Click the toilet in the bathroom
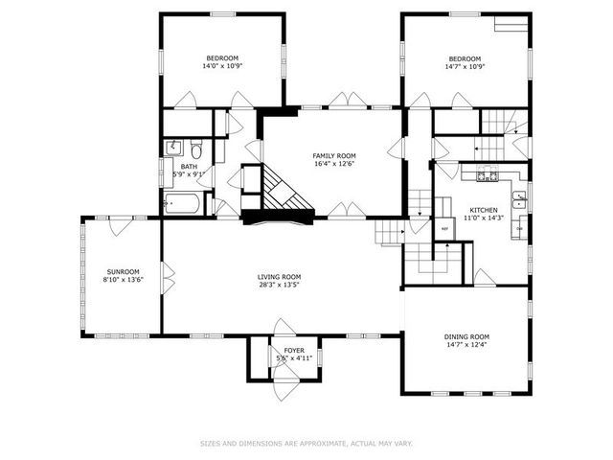[195, 149]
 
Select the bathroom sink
[173, 148]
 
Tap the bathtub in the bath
[182, 203]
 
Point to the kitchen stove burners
[488, 174]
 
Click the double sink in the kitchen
[518, 201]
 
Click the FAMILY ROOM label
[333, 155]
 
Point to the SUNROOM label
[123, 271]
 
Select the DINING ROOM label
[466, 336]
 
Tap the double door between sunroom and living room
[166, 278]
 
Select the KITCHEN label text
[483, 210]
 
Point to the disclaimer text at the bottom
[306, 444]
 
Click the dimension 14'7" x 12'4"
[466, 345]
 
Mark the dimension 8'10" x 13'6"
[123, 279]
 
